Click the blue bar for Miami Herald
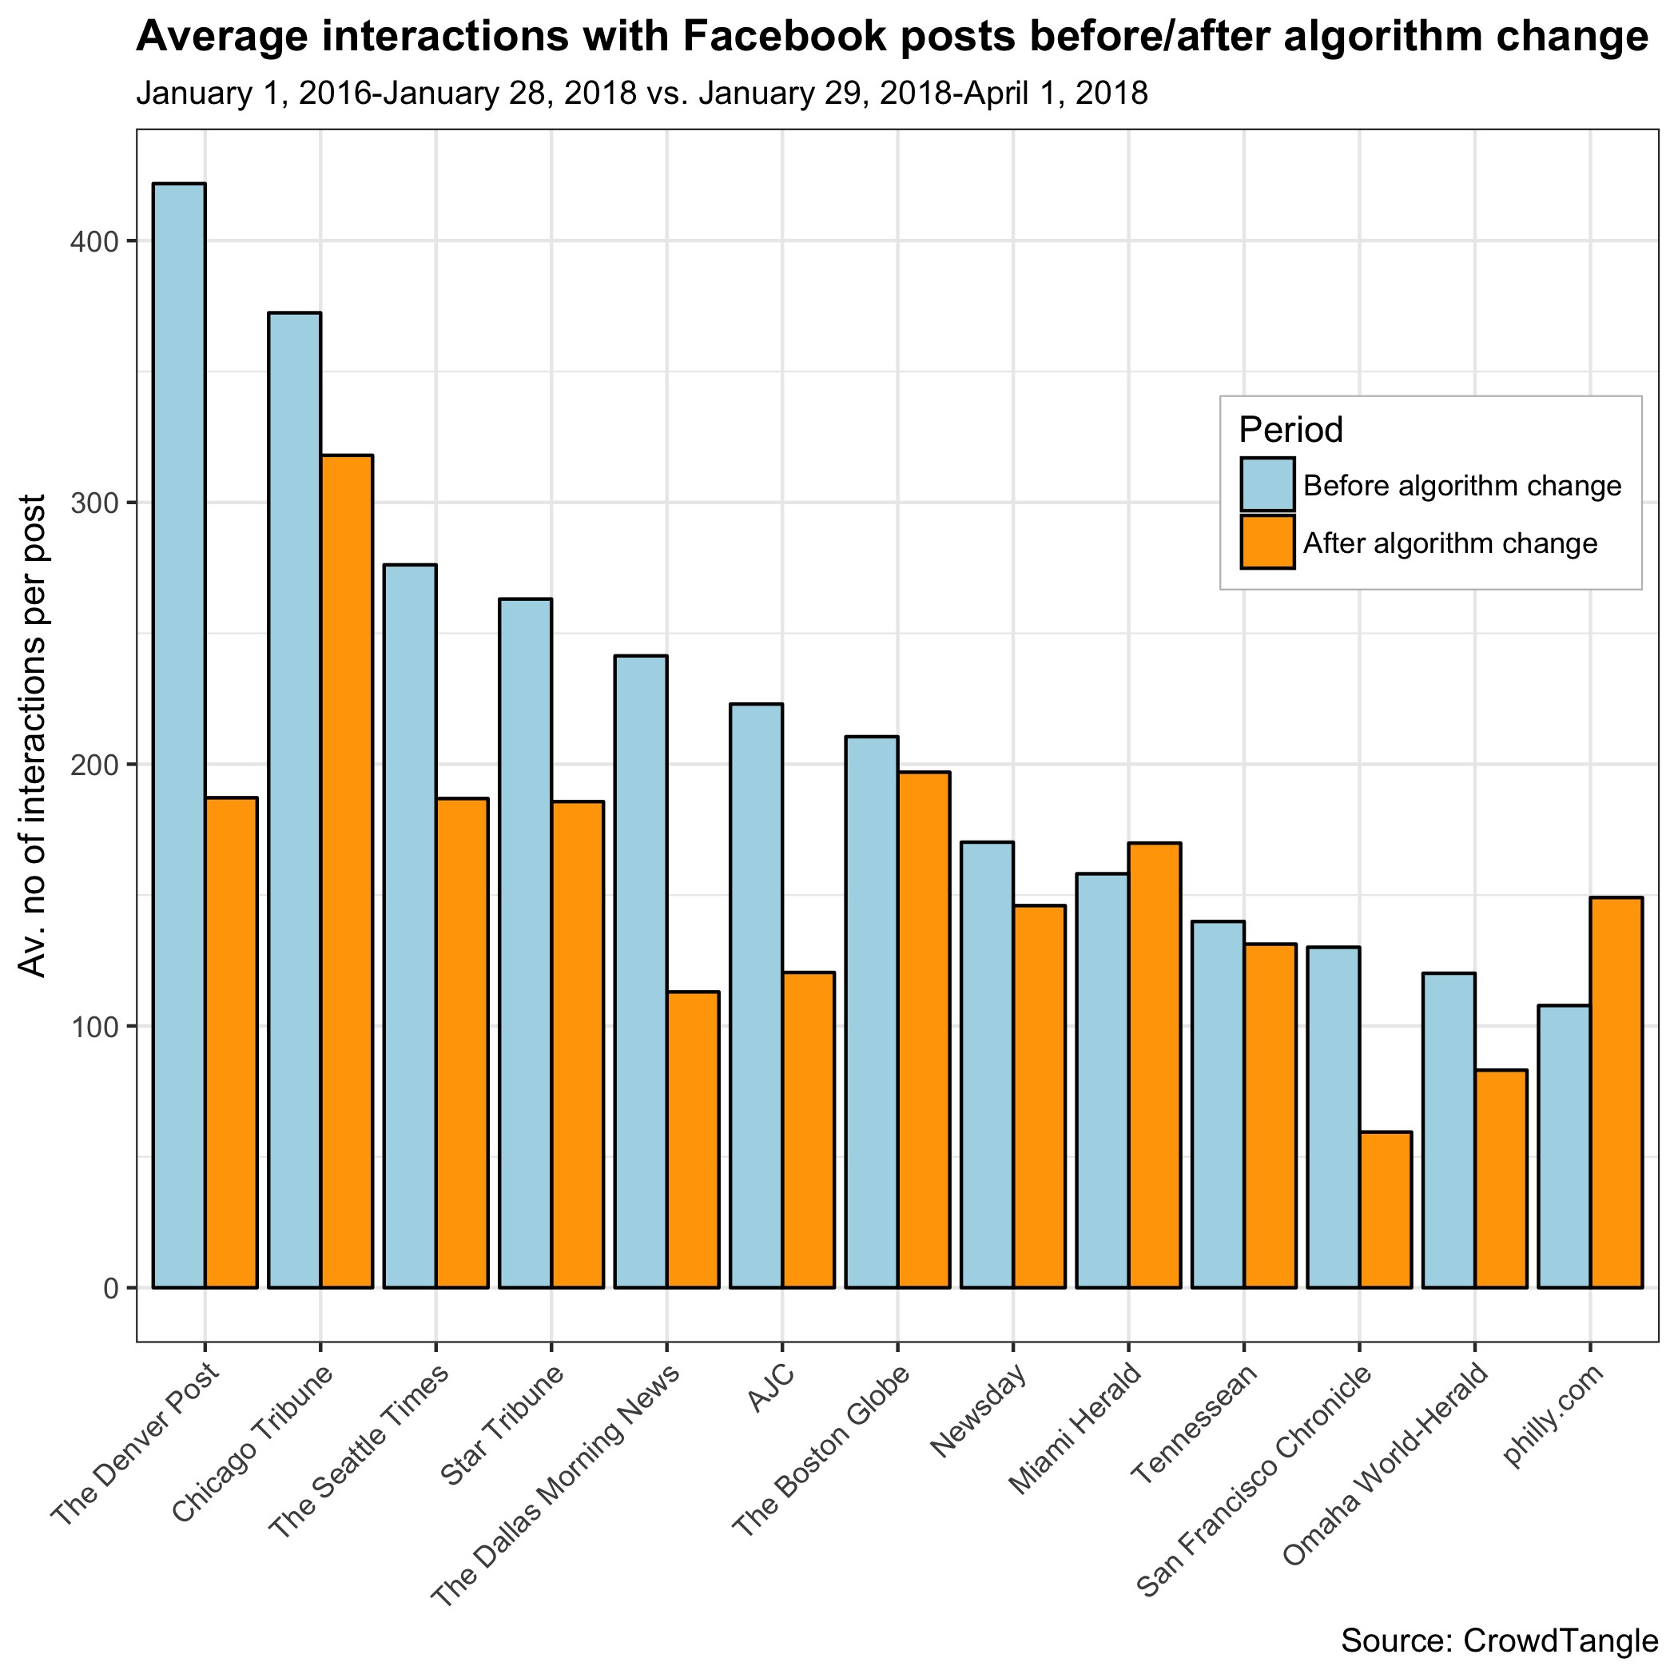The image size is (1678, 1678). pyautogui.click(x=1102, y=1080)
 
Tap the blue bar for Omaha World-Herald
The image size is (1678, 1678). pyautogui.click(x=1449, y=1130)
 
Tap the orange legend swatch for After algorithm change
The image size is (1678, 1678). pyautogui.click(x=1267, y=543)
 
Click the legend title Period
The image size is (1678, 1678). pyautogui.click(x=1290, y=429)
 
